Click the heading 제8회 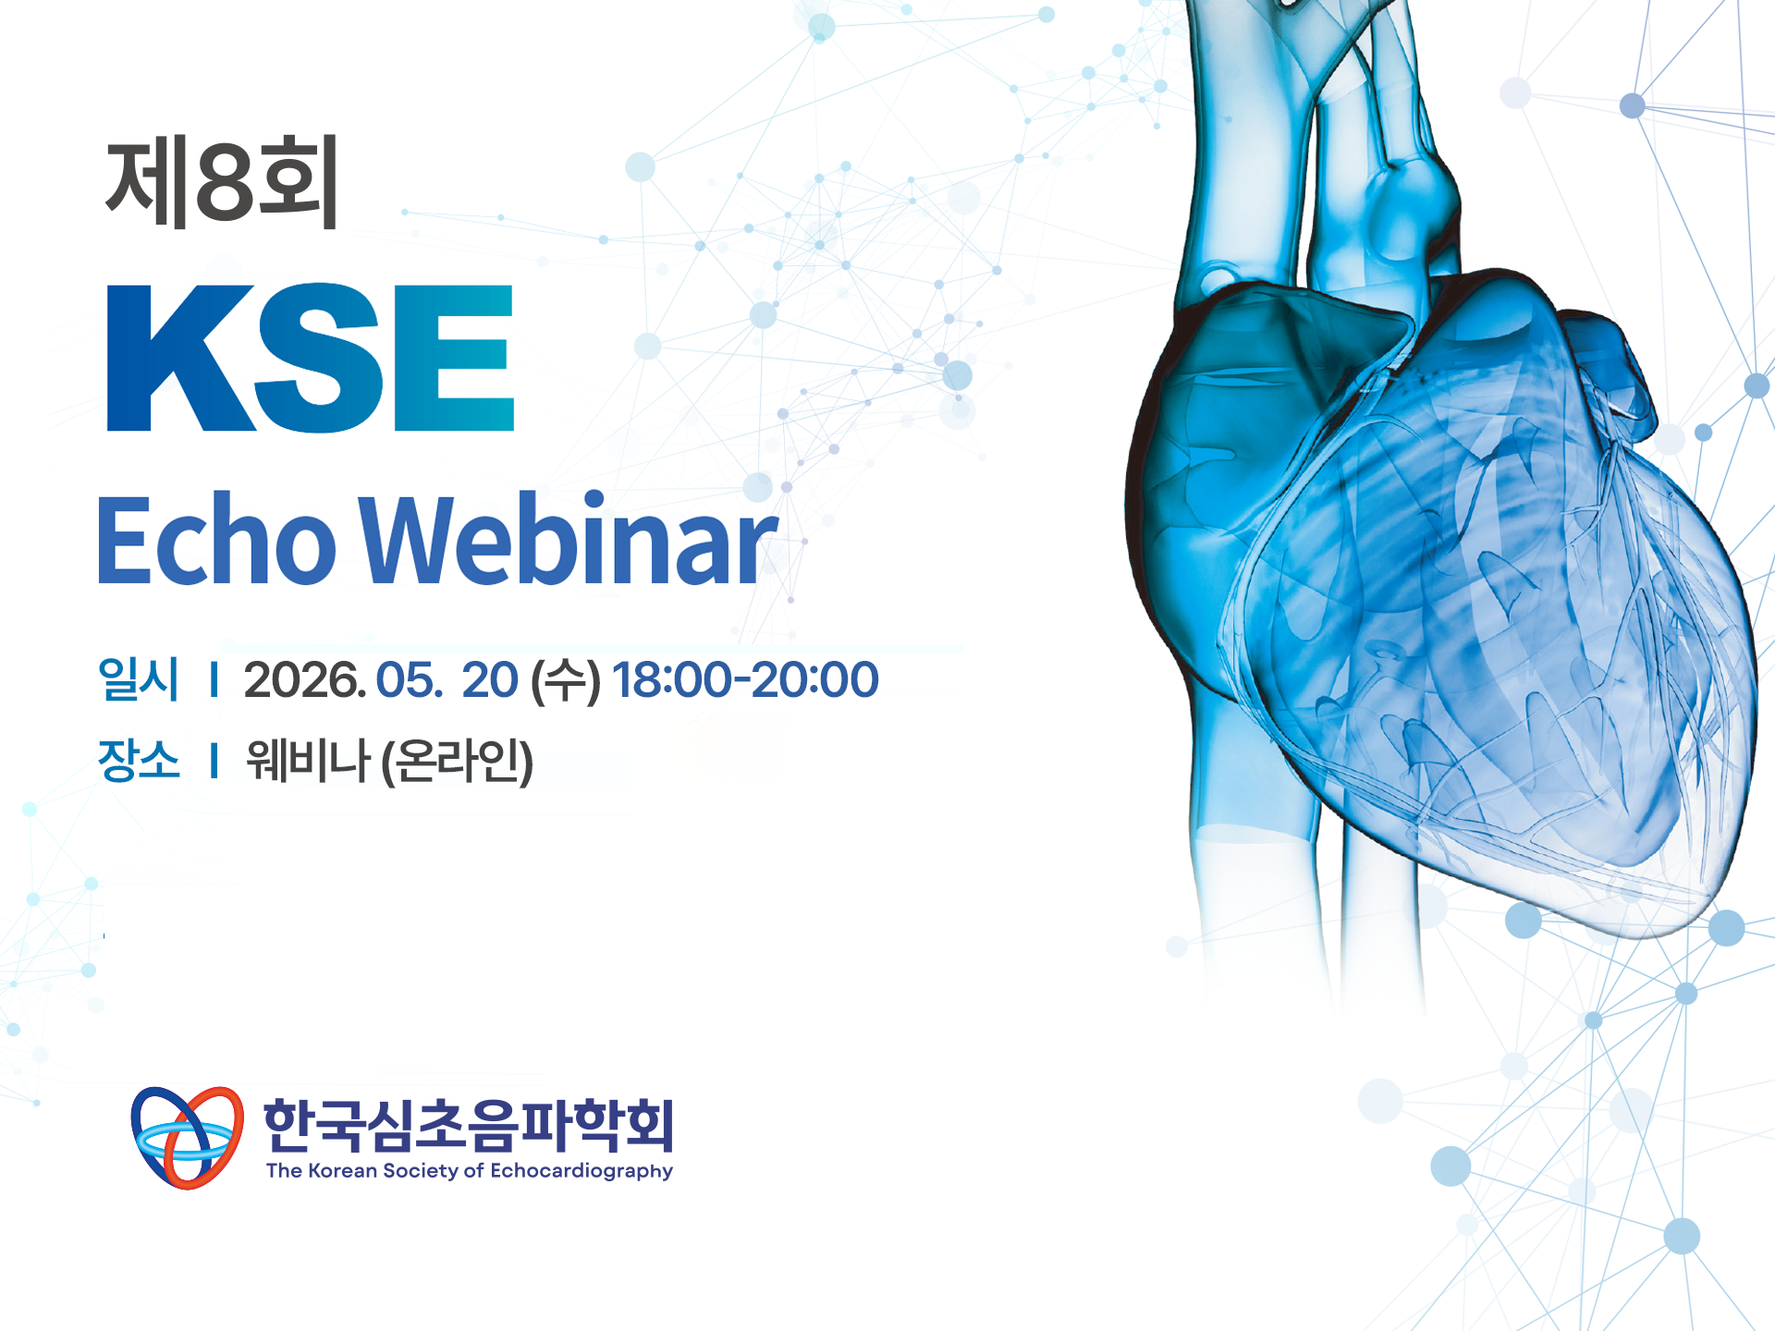[x=222, y=180]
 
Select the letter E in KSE [x=455, y=358]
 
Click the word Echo [x=216, y=540]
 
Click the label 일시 [x=139, y=679]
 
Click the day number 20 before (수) [x=490, y=680]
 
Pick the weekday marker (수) [x=566, y=682]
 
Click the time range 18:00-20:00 [x=745, y=680]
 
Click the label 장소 [x=139, y=760]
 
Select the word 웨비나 [x=308, y=761]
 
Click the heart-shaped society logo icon [x=188, y=1138]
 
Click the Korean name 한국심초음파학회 [x=469, y=1125]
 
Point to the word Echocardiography [x=581, y=1171]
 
